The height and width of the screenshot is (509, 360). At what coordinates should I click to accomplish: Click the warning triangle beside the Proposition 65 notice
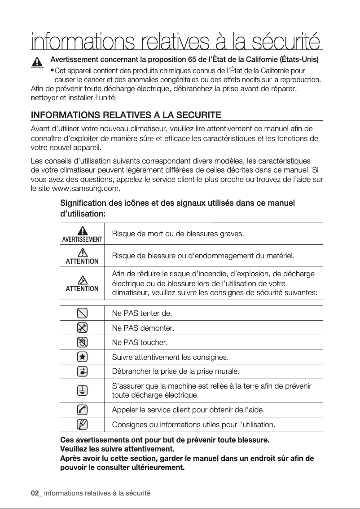coord(37,62)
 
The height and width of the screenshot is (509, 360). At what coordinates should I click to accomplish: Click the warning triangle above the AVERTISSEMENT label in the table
coord(82,230)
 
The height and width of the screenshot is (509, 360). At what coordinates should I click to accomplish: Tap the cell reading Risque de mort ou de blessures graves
coord(178,234)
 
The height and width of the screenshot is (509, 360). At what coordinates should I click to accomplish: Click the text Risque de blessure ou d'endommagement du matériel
coord(203,256)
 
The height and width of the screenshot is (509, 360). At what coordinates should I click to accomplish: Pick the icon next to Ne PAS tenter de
coord(82,313)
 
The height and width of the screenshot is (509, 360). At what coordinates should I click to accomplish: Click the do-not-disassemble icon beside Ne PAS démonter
coord(82,328)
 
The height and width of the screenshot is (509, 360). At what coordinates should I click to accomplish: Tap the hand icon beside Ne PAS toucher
coord(82,342)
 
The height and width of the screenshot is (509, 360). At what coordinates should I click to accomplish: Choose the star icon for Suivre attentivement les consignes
coord(82,357)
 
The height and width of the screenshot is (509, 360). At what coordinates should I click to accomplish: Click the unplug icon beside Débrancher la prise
coord(82,372)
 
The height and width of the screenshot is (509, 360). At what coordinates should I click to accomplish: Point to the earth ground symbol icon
coord(82,390)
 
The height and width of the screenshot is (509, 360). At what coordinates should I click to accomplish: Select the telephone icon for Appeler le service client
coord(82,410)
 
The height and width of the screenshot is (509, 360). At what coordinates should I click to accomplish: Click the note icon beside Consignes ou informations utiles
coord(82,424)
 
